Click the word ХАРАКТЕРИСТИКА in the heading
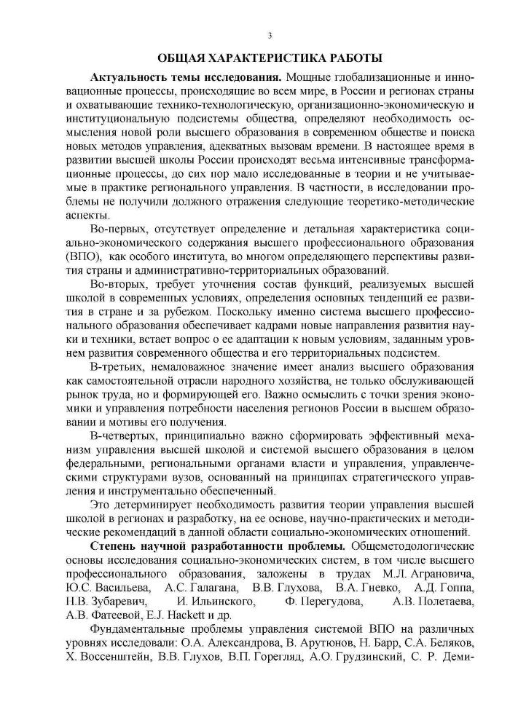click(272, 58)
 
